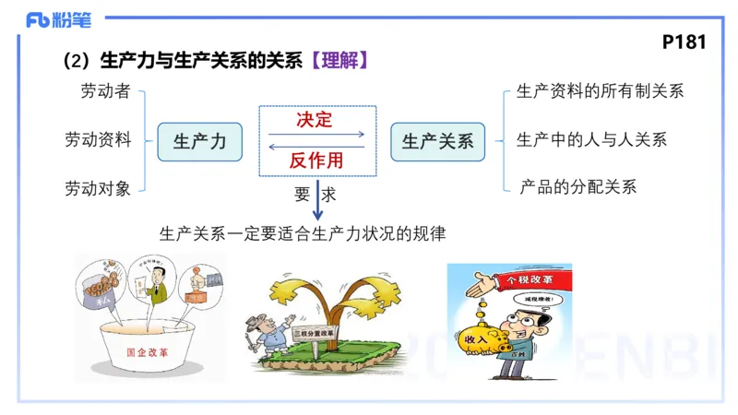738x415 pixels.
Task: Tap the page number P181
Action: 684,43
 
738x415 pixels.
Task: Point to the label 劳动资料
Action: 98,140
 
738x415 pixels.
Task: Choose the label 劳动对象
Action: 98,188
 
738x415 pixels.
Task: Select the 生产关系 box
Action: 437,141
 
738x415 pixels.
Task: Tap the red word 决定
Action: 315,121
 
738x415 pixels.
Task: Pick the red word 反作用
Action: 315,160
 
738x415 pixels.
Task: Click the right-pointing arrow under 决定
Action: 316,135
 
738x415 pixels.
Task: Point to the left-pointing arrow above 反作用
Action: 315,146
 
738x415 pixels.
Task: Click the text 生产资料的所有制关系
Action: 600,91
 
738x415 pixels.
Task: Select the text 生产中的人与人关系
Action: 591,140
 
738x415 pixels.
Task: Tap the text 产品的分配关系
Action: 578,187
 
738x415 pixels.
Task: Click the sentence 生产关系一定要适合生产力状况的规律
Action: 303,233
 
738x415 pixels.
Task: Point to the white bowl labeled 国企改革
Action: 149,350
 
